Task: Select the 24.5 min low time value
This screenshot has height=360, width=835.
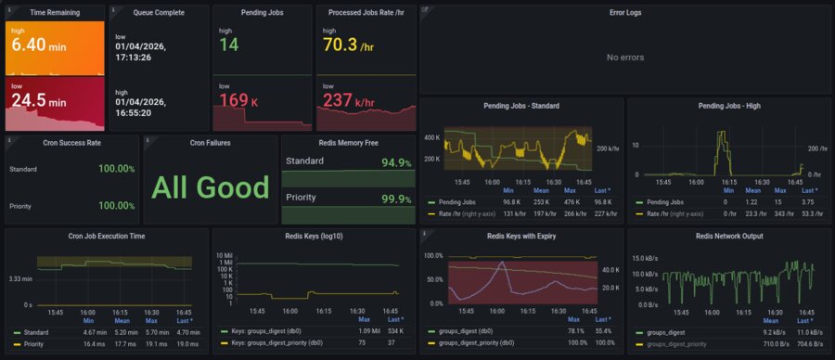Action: click(x=36, y=99)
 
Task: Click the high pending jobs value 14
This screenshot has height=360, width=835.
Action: click(x=229, y=45)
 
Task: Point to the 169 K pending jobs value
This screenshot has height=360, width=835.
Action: click(x=239, y=100)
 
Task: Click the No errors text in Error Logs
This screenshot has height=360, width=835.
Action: click(x=624, y=58)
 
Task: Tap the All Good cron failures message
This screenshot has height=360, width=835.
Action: click(x=211, y=187)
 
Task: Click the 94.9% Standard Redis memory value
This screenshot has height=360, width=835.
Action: click(x=396, y=163)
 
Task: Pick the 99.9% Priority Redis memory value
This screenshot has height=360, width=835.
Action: click(x=396, y=199)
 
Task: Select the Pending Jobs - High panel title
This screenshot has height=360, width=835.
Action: click(x=728, y=106)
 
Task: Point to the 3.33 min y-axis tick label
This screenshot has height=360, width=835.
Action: click(x=21, y=278)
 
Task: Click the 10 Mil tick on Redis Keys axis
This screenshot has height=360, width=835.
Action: click(x=224, y=255)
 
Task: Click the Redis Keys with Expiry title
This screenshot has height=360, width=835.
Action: click(x=520, y=237)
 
